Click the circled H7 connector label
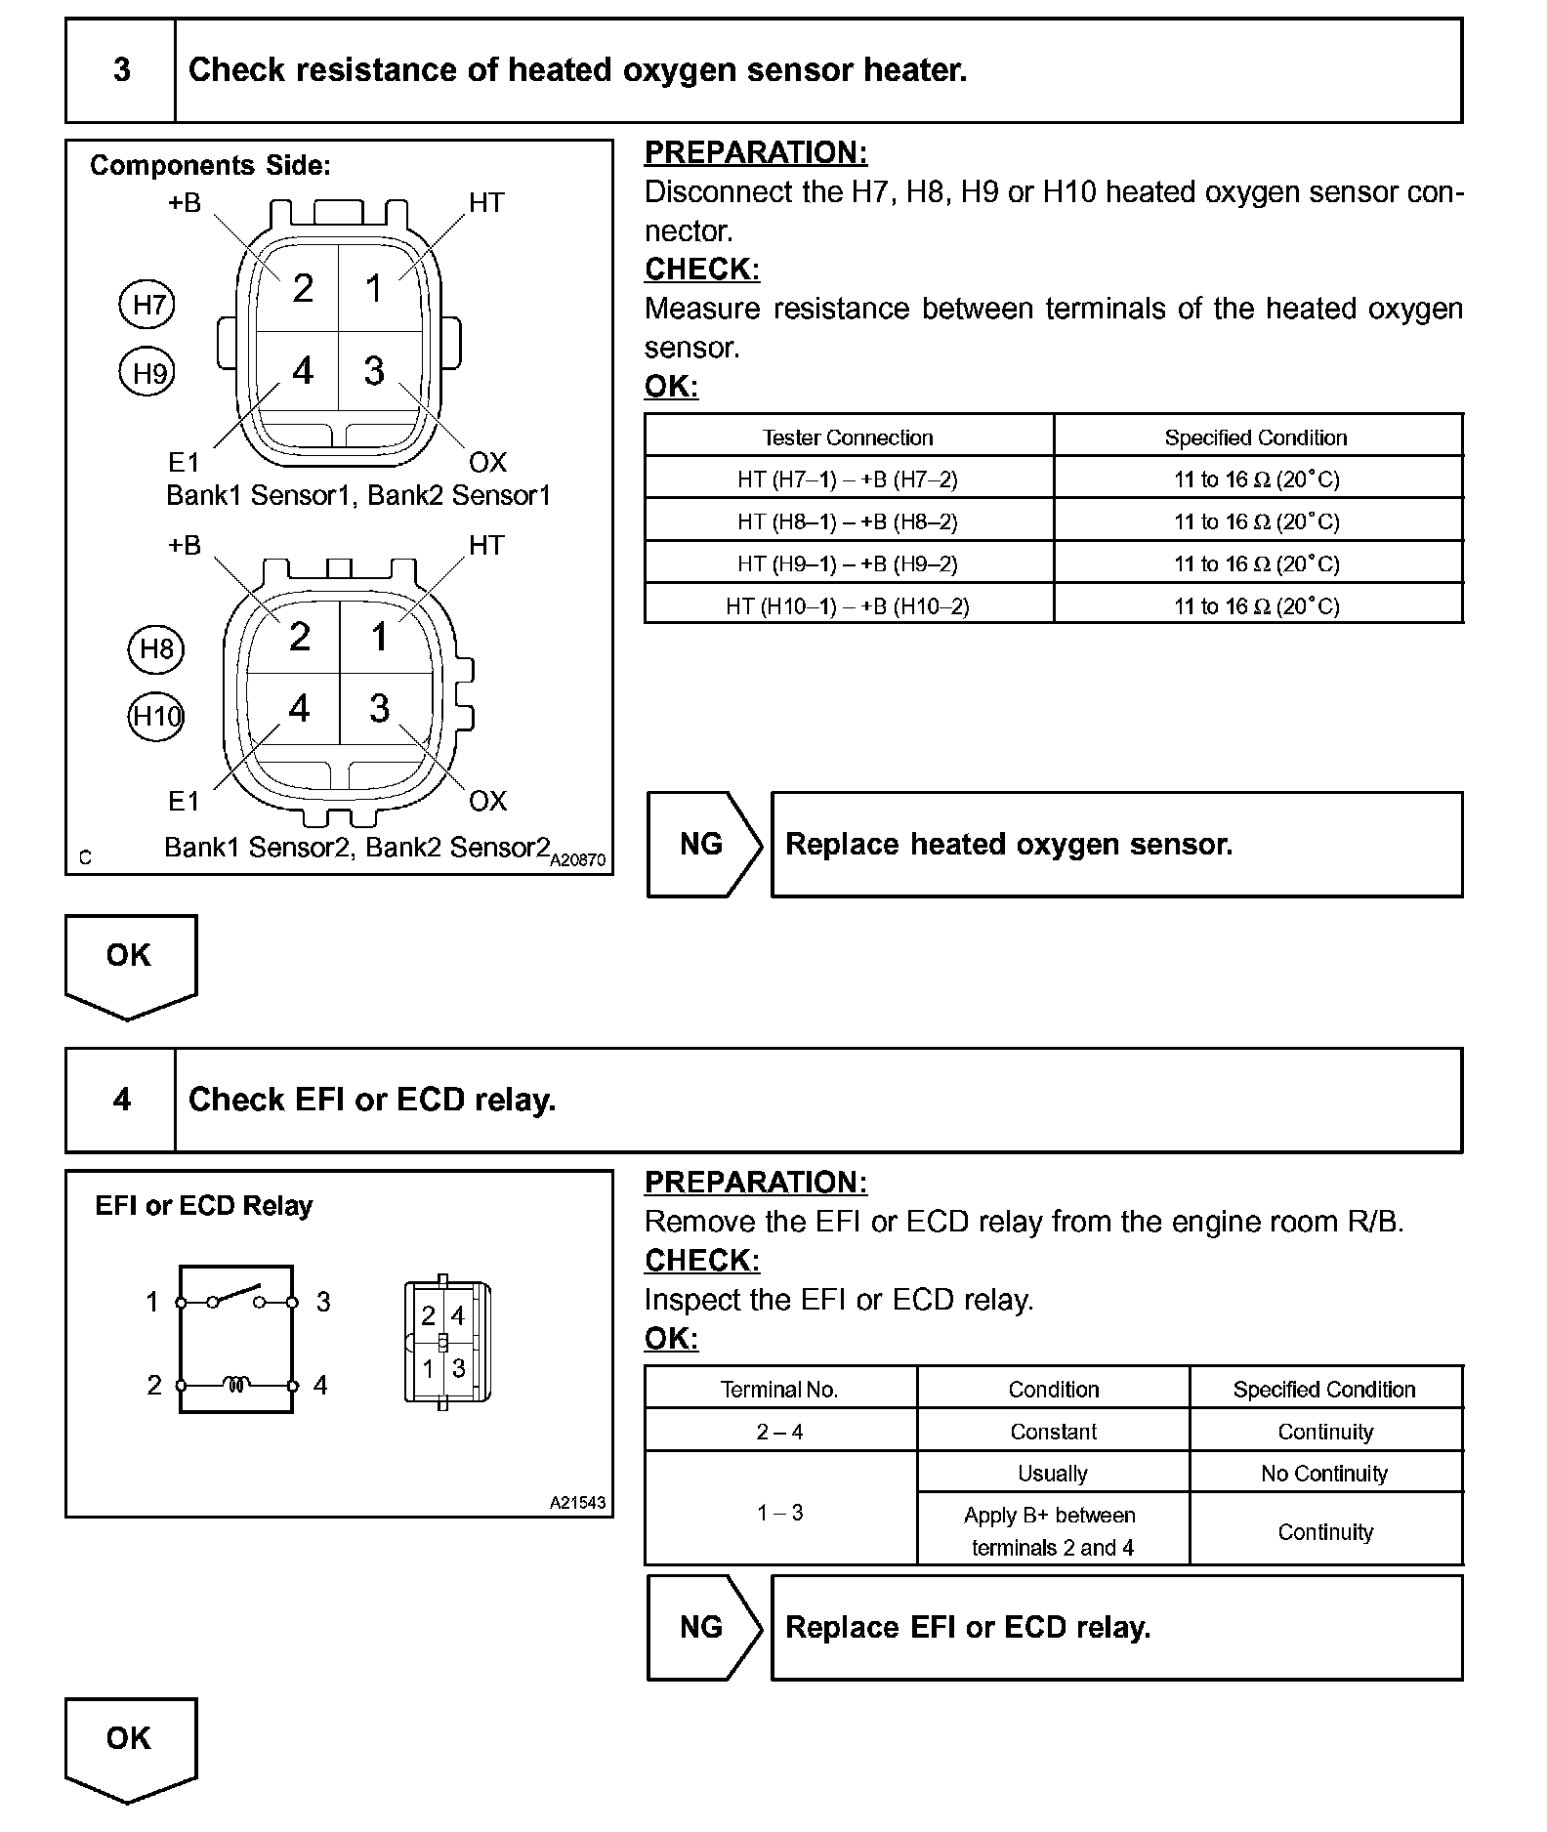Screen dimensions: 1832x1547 pyautogui.click(x=147, y=305)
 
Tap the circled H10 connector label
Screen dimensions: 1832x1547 pyautogui.click(x=156, y=717)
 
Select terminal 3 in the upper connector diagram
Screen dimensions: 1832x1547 pyautogui.click(x=374, y=371)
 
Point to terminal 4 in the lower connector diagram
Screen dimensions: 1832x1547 pyautogui.click(x=300, y=709)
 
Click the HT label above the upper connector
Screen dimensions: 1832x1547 pyautogui.click(x=486, y=203)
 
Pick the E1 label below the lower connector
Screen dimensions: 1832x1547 pyautogui.click(x=184, y=802)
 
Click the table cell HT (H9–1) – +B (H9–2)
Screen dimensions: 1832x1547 pyautogui.click(x=848, y=563)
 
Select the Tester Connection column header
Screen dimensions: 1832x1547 pyautogui.click(x=848, y=437)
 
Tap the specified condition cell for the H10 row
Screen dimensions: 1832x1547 pyautogui.click(x=1256, y=606)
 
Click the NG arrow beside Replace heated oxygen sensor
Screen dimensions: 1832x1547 pyautogui.click(x=703, y=845)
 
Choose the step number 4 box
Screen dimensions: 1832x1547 pyautogui.click(x=121, y=1100)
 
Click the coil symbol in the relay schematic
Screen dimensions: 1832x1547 pyautogui.click(x=236, y=1384)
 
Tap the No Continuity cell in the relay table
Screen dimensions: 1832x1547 pyautogui.click(x=1324, y=1474)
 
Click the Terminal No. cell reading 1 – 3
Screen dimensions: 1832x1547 pyautogui.click(x=779, y=1513)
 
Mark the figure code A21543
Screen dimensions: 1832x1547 pyautogui.click(x=577, y=1503)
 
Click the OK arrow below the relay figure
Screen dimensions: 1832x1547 pyautogui.click(x=130, y=1748)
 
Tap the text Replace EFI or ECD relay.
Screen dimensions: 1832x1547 pyautogui.click(x=968, y=1628)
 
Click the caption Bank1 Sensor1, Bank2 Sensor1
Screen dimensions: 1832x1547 pyautogui.click(x=358, y=496)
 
